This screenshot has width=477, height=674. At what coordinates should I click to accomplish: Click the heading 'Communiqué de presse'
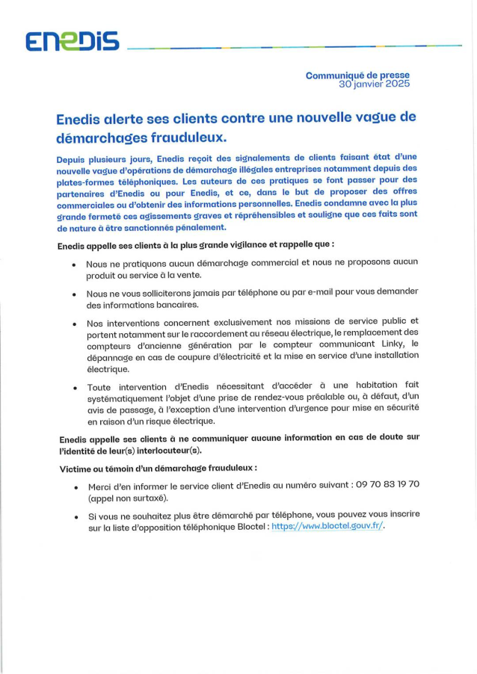[x=357, y=75]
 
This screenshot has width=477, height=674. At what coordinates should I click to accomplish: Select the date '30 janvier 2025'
[x=374, y=84]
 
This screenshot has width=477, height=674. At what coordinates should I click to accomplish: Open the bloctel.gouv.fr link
[x=327, y=526]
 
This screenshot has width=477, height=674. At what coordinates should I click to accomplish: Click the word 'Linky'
[x=390, y=344]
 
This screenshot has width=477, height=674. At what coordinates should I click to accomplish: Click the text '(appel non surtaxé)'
[x=128, y=497]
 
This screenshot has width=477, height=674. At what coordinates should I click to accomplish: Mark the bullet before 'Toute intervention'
[x=73, y=389]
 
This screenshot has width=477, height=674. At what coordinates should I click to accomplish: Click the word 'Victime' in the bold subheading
[x=76, y=468]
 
